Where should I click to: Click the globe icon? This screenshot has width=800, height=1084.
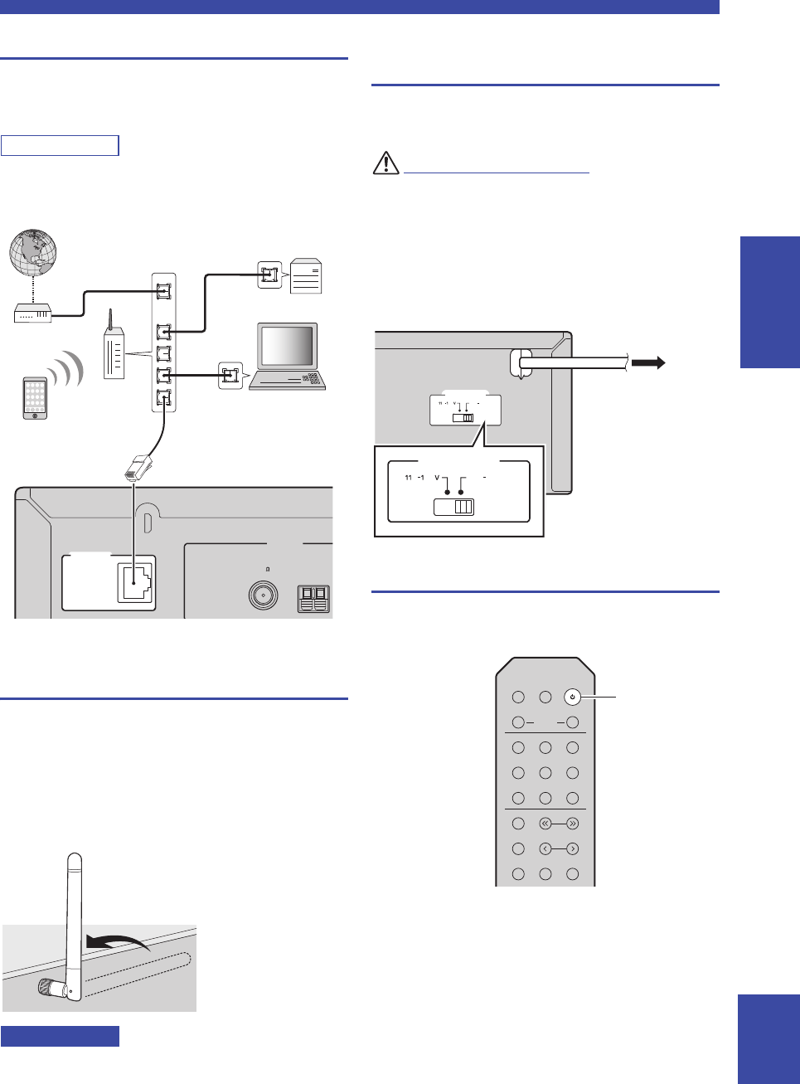(33, 252)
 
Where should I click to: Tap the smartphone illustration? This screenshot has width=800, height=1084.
(35, 398)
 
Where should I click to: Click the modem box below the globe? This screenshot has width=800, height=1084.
(33, 314)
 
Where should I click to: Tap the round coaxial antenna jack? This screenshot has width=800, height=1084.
(263, 596)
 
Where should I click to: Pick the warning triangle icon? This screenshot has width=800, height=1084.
(385, 163)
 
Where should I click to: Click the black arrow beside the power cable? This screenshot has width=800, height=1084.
(648, 362)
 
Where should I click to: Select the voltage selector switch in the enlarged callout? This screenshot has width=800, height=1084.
(454, 507)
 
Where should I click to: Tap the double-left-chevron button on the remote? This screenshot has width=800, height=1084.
(545, 824)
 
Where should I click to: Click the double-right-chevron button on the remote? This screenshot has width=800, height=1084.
(572, 824)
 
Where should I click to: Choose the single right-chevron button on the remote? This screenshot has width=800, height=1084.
(572, 848)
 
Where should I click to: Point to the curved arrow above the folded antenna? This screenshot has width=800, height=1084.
(116, 941)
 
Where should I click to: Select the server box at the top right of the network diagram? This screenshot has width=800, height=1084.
(306, 276)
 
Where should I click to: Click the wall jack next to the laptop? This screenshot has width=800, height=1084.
(230, 376)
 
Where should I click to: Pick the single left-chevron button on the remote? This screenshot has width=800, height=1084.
(545, 848)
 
